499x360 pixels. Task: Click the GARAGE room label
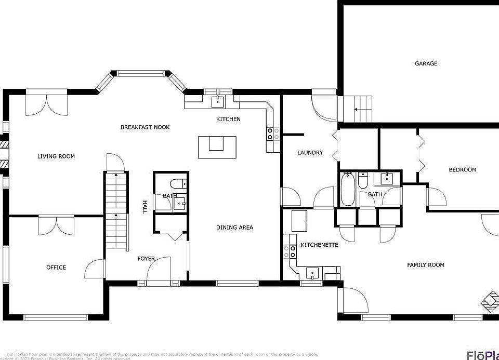pyautogui.click(x=426, y=63)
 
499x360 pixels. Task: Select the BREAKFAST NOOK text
pyautogui.click(x=145, y=127)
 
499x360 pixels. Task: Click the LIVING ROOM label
pyautogui.click(x=56, y=156)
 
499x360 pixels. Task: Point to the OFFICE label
pyautogui.click(x=56, y=268)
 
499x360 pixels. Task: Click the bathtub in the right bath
pyautogui.click(x=347, y=189)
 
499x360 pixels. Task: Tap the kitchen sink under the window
pyautogui.click(x=217, y=100)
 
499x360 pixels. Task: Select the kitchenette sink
pyautogui.click(x=312, y=272)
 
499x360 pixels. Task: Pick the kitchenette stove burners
pyautogui.click(x=289, y=252)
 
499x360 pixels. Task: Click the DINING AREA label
pyautogui.click(x=234, y=228)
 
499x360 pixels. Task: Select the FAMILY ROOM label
pyautogui.click(x=425, y=265)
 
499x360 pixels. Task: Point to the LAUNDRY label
pyautogui.click(x=310, y=153)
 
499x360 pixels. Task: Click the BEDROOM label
pyautogui.click(x=462, y=170)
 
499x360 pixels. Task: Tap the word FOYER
pyautogui.click(x=146, y=259)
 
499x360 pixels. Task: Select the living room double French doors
pyautogui.click(x=47, y=103)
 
